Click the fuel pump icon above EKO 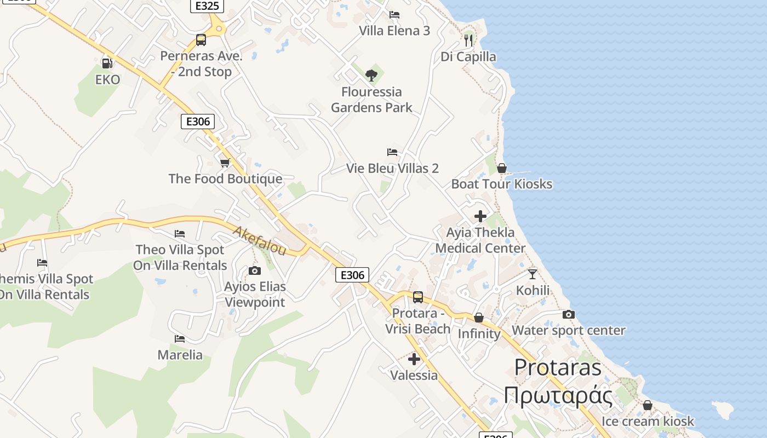107,64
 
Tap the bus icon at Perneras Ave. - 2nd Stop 201,40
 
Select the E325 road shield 208,6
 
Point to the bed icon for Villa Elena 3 394,15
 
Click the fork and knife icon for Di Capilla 468,40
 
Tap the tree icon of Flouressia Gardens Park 371,75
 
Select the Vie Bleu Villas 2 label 392,168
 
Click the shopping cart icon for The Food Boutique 225,163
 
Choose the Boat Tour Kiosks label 501,184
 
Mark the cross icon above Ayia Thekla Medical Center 480,216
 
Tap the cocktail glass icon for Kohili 533,274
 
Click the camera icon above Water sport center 569,315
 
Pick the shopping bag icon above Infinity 479,318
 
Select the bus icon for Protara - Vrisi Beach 418,297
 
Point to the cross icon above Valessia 414,359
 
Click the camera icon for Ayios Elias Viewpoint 255,270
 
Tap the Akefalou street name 259,241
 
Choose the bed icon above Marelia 180,339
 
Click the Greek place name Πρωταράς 558,395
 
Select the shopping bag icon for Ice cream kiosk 648,406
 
